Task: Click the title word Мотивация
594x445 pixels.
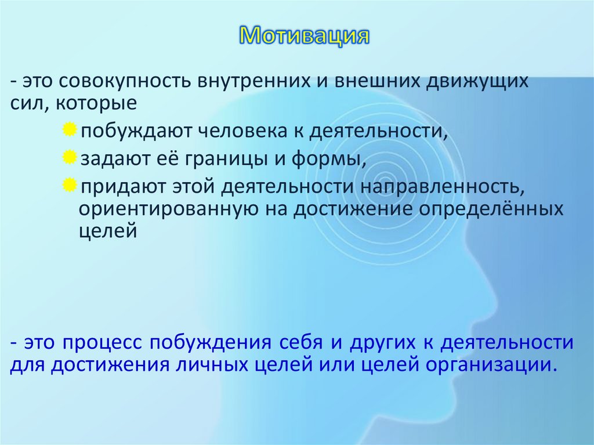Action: (304, 37)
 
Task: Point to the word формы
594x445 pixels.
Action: (334, 159)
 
